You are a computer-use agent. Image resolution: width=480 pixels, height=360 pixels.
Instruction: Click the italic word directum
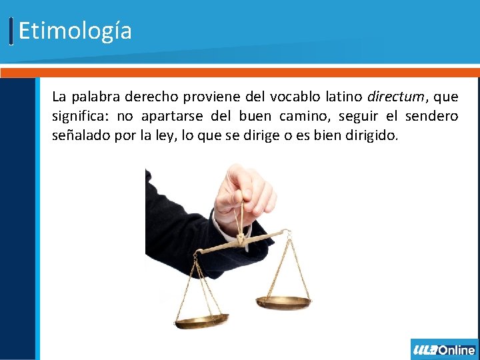[395, 97]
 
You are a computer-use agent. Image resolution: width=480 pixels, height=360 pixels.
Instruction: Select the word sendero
[432, 117]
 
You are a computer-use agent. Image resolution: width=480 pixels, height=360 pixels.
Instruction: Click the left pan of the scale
[202, 322]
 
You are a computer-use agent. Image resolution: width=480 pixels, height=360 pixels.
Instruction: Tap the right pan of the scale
[283, 303]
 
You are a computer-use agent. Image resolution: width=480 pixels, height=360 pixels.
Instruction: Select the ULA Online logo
[444, 349]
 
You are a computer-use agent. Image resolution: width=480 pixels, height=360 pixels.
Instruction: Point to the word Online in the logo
[457, 350]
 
